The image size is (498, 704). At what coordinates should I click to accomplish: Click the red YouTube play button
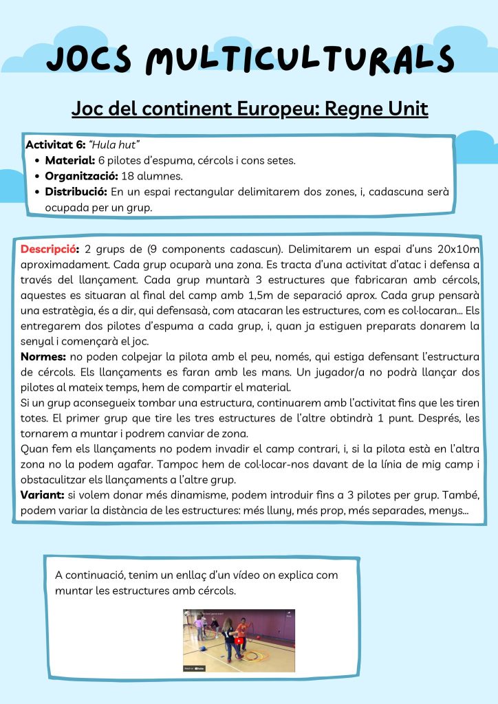point(239,640)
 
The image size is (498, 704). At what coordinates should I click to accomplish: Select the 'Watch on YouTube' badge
point(195,668)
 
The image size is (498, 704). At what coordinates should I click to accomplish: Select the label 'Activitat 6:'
point(54,145)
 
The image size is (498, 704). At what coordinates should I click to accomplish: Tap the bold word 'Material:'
point(69,160)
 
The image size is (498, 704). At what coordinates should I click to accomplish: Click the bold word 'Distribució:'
point(76,191)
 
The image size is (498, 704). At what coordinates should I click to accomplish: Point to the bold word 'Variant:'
point(44,495)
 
